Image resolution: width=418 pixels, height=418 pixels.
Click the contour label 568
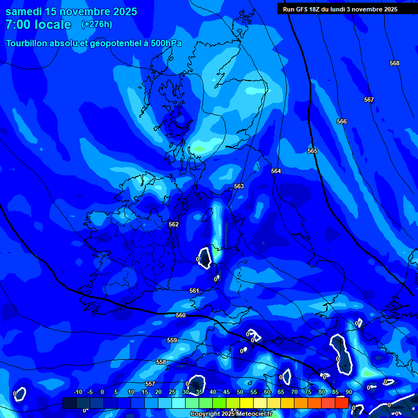395,63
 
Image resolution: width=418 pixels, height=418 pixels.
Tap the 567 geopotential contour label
369,100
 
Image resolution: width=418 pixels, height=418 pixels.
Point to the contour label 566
342,121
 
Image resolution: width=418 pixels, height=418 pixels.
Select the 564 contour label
276,171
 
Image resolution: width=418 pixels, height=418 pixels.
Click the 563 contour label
239,186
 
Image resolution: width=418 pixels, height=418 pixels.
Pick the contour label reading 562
174,224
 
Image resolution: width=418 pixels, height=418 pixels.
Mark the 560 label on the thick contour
181,315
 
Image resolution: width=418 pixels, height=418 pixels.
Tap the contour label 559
172,340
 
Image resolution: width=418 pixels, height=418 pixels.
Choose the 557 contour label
150,384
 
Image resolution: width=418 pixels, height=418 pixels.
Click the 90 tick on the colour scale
348,392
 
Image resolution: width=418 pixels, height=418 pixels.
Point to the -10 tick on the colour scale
77,392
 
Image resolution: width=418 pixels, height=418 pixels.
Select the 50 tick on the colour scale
240,392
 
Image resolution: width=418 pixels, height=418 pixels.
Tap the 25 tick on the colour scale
172,392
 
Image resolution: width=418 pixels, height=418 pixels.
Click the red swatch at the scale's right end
341,403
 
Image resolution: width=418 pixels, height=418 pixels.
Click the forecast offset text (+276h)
97,24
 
